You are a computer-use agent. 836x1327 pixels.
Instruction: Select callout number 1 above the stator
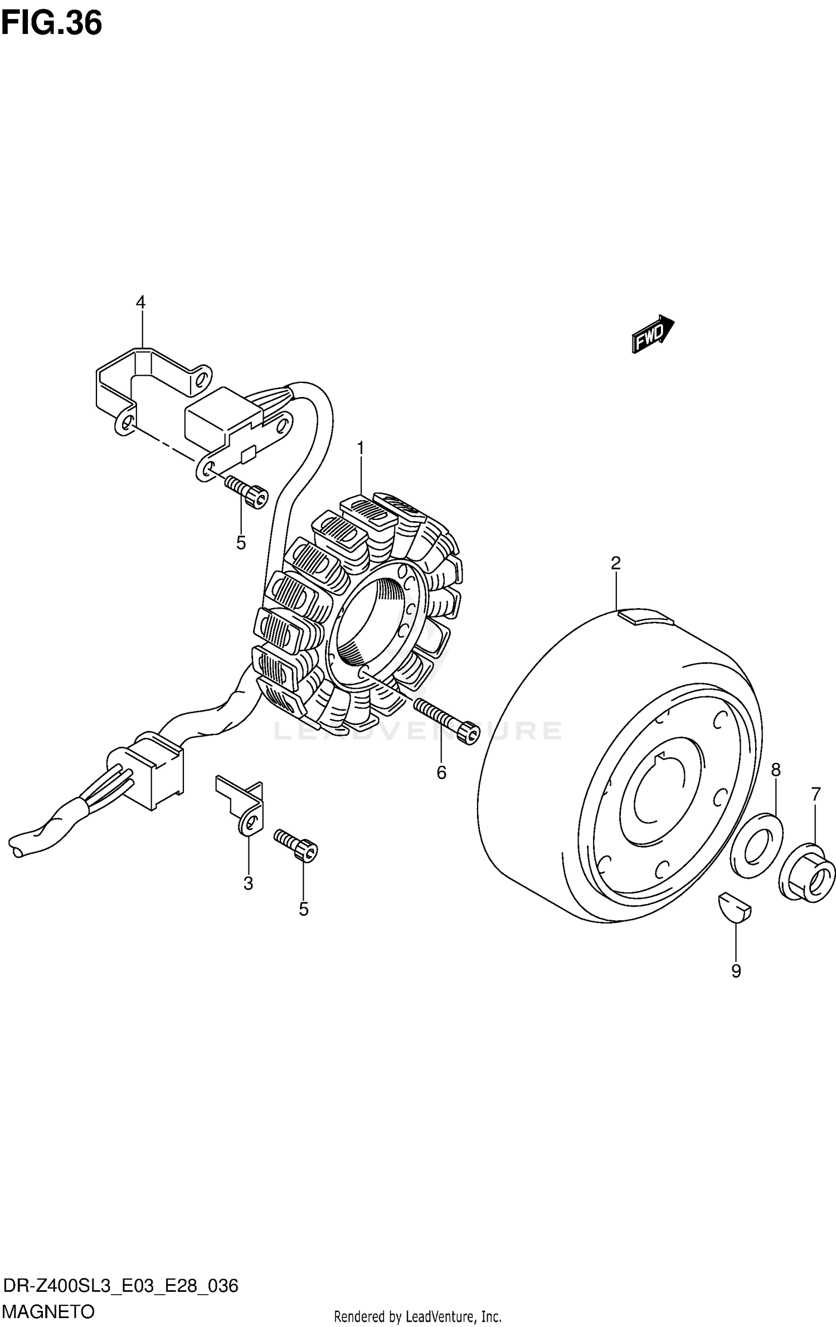pos(361,448)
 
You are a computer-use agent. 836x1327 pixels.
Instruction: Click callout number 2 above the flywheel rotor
pos(615,563)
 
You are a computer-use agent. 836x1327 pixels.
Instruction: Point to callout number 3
pos(248,883)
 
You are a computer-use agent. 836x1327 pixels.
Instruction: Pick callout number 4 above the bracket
pos(140,303)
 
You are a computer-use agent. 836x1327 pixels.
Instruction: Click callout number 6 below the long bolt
pos(441,772)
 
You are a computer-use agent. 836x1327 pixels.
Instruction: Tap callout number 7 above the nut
pos(816,794)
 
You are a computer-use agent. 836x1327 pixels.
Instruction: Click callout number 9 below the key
pos(736,971)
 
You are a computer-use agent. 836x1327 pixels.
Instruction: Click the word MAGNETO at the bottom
pos(48,1312)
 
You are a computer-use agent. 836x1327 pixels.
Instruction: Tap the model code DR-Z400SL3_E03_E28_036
pos(120,1286)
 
